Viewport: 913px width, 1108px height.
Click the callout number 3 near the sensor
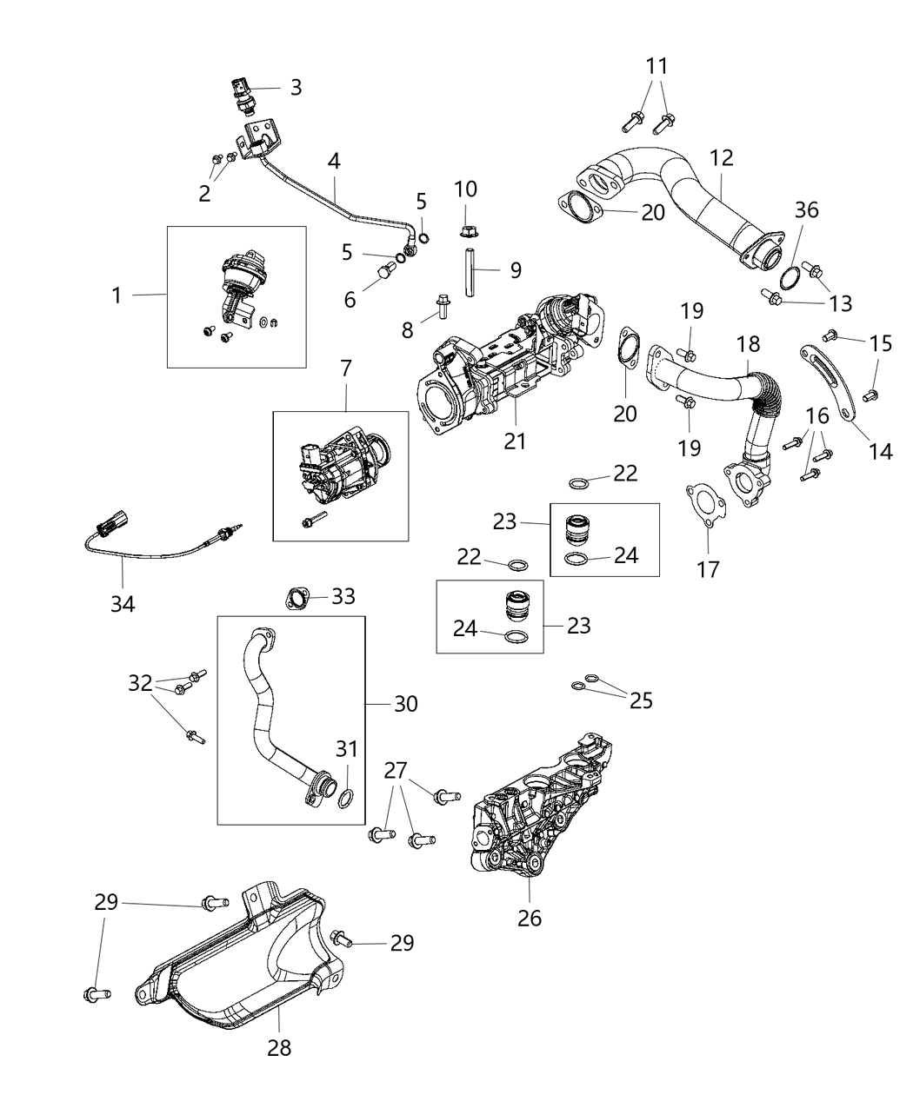tap(296, 88)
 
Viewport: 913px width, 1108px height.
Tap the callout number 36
tap(806, 210)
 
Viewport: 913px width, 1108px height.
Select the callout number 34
tap(123, 602)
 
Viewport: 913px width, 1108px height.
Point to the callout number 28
tap(279, 1047)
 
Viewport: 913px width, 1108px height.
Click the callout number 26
tap(530, 917)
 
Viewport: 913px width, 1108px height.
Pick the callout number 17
tap(710, 569)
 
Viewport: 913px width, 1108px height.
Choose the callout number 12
tap(721, 158)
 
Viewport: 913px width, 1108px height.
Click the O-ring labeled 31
tap(345, 798)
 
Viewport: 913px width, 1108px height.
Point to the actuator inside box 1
tap(235, 278)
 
